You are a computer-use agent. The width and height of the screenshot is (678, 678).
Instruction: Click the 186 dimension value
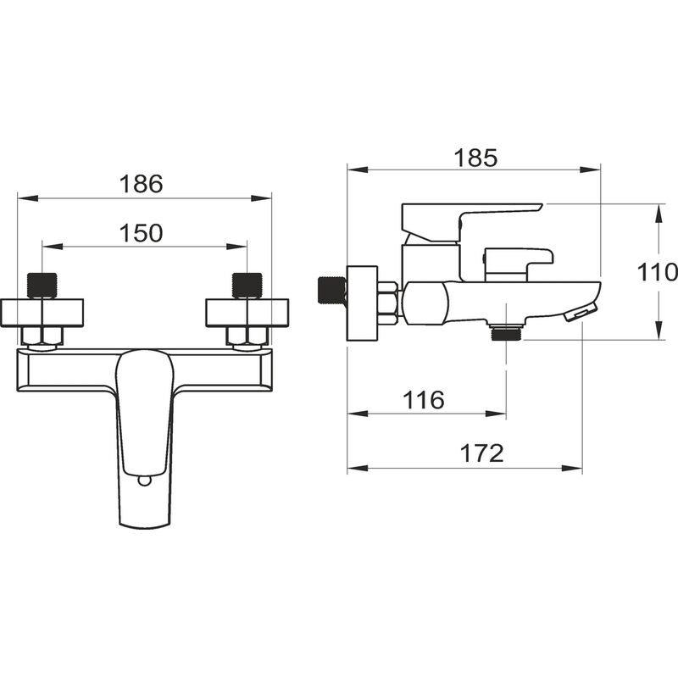pos(141,184)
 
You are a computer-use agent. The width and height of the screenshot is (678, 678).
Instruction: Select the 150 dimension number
pos(141,233)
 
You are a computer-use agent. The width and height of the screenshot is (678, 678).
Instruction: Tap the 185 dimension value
pos(475,158)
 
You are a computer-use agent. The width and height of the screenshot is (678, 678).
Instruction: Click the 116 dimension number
pos(423,399)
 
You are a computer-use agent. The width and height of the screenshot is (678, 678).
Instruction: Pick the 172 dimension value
pos(481,453)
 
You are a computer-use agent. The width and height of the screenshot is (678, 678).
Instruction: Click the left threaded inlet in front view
pos(42,286)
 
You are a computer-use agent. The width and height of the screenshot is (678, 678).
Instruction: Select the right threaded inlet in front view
pos(247,286)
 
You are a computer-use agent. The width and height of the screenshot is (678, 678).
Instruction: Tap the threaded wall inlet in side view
pos(331,291)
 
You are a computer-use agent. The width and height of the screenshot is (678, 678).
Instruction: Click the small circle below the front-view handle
pos(144,481)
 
